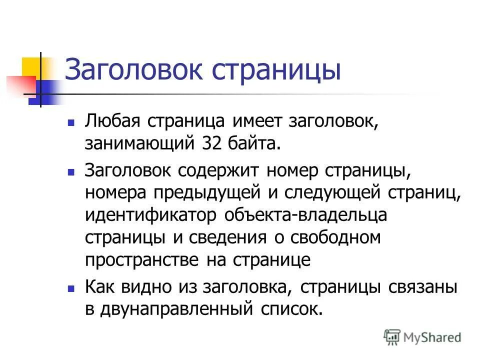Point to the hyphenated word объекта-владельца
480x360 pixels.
click(x=305, y=214)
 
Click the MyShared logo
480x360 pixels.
click(x=422, y=337)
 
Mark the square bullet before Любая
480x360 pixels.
click(x=71, y=122)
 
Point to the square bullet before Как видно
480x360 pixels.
click(x=71, y=288)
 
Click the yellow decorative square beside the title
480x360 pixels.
click(x=31, y=67)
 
